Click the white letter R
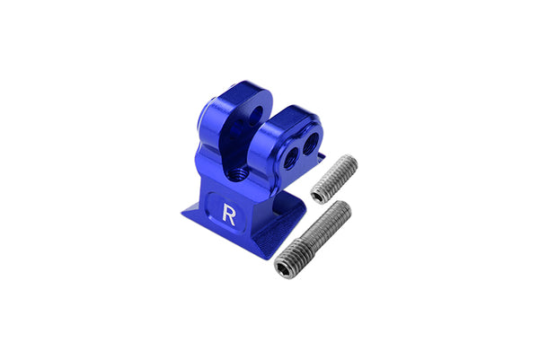(x=229, y=215)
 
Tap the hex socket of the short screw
(x=318, y=197)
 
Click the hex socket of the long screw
(x=284, y=268)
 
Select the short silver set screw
(x=334, y=179)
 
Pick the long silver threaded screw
(x=313, y=240)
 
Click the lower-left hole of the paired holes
(x=291, y=158)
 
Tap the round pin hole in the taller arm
(x=255, y=116)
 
